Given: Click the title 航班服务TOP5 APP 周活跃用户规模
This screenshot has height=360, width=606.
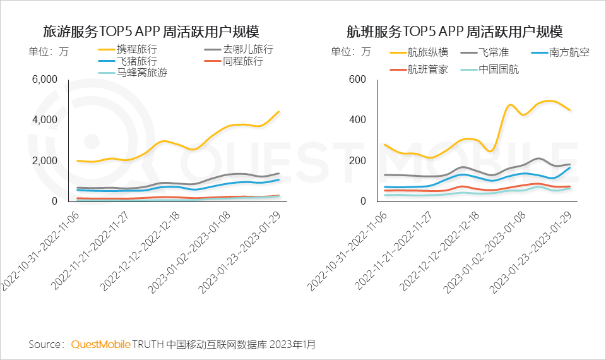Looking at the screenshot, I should pos(454,32).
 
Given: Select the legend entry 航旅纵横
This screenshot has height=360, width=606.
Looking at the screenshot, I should pos(427,52).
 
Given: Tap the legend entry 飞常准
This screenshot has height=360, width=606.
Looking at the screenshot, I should pos(494,52).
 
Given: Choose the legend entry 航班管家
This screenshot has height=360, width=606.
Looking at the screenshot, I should pos(427,69).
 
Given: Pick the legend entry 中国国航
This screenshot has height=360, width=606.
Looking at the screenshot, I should pos(499,69).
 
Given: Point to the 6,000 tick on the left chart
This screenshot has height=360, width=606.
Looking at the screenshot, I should pos(44,80).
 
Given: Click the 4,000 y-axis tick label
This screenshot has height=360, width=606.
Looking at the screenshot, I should pos(44,120).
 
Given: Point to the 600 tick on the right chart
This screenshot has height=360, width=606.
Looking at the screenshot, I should pos(357,80).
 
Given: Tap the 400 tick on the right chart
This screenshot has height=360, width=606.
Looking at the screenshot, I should pos(357,120).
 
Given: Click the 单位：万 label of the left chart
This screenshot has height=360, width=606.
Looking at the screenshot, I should pos(48,52).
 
